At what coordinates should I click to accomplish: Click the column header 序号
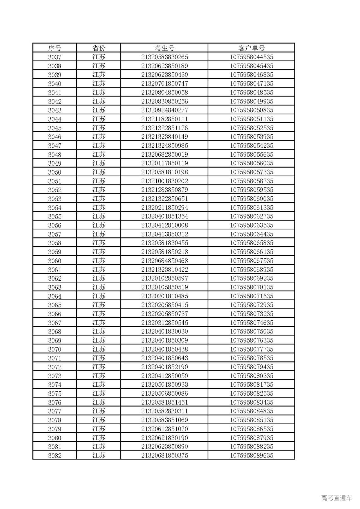(55, 48)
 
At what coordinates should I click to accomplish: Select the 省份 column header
(99, 48)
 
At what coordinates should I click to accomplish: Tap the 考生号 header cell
(165, 48)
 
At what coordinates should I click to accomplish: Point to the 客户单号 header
(251, 48)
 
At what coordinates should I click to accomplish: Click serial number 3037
(55, 57)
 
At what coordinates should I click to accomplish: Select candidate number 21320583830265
(165, 57)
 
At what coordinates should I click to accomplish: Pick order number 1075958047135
(251, 84)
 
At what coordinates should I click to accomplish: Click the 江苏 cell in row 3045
(99, 128)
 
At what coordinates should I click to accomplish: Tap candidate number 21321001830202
(165, 181)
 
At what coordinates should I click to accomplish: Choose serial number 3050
(55, 172)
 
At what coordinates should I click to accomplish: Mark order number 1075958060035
(251, 199)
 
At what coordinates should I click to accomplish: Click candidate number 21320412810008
(165, 225)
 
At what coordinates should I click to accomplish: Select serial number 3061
(55, 270)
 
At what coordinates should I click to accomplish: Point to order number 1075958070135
(251, 287)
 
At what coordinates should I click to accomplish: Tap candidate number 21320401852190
(165, 367)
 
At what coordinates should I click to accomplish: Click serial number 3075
(55, 393)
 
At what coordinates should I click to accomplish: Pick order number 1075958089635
(251, 456)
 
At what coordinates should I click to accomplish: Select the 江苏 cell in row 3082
(99, 456)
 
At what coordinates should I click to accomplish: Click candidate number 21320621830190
(165, 438)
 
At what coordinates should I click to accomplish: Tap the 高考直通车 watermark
(336, 498)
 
